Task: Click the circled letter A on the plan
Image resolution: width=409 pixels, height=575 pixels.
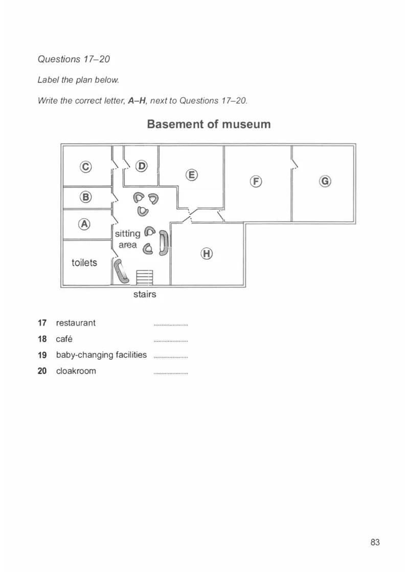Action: pos(85,224)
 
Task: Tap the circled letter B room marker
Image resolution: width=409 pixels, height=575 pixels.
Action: pos(85,197)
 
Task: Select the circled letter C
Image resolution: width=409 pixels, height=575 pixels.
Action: pos(86,167)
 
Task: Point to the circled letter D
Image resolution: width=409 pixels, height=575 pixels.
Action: pos(142,166)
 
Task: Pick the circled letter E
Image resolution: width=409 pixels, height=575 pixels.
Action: pos(192,175)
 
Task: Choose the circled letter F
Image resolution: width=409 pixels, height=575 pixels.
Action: pos(256,181)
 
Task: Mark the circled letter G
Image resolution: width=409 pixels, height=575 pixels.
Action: pos(325,181)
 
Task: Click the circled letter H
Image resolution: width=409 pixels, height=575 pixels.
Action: pos(207,254)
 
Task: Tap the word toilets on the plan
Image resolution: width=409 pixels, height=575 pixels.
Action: pos(84,263)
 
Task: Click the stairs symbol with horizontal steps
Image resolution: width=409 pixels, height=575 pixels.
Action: pos(145,277)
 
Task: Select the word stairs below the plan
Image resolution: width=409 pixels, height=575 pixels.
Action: pos(145,294)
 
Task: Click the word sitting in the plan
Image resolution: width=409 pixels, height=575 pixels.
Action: pos(128,234)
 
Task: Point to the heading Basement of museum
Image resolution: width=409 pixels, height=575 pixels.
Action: pos(209,124)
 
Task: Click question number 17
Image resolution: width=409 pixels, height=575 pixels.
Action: pos(42,323)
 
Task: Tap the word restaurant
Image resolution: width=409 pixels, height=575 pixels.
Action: pos(76,323)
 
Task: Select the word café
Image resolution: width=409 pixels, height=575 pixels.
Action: pos(64,339)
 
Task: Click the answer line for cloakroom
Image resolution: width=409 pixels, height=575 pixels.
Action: pos(171,373)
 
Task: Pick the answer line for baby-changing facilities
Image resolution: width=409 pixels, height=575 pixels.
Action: pos(171,357)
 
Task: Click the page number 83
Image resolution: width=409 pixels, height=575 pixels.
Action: pos(375,542)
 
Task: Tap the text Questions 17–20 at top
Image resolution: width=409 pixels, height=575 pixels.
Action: pos(74,59)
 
